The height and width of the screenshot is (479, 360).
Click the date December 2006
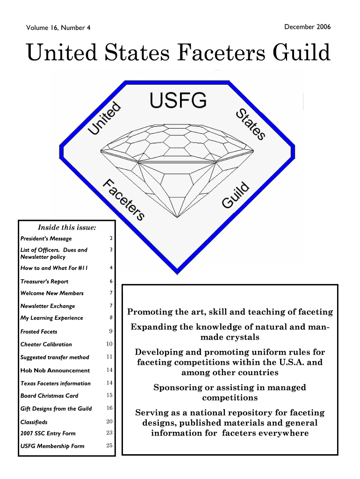point(307,27)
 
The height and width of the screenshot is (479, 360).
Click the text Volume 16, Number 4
point(58,28)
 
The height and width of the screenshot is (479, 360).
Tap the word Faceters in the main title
point(221,52)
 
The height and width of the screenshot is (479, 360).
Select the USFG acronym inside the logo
point(178,100)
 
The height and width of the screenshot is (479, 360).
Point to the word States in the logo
point(251,124)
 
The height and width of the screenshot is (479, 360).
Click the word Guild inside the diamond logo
point(236,195)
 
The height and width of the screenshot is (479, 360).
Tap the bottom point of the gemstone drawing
point(177,217)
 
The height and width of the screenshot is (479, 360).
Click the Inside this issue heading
point(67,227)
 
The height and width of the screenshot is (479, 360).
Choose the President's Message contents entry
point(46,239)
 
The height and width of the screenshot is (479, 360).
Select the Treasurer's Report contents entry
point(44,281)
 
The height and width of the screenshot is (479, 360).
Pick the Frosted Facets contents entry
point(39,332)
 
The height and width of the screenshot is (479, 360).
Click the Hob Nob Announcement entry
point(55,370)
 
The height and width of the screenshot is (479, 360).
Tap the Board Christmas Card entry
point(50,396)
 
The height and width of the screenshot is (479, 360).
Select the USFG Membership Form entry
point(52,446)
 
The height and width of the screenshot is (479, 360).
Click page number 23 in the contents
point(109,433)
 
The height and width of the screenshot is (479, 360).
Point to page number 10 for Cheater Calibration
point(109,344)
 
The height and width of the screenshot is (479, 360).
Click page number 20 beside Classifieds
point(109,421)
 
